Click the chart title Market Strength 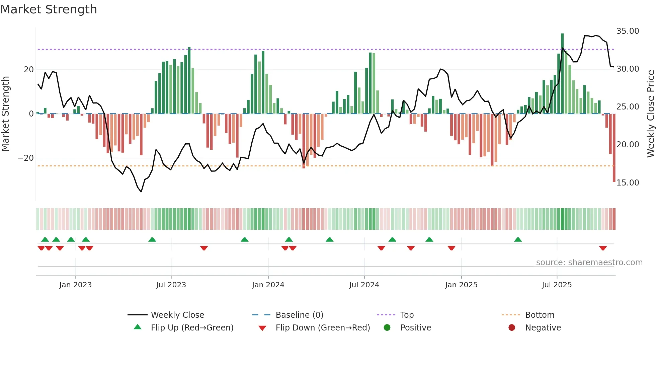[x=49, y=9]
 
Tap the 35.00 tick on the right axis [x=628, y=31]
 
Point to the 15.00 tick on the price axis [x=628, y=183]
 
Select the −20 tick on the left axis [x=26, y=158]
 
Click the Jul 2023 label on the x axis [x=171, y=285]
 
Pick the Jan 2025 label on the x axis [x=461, y=285]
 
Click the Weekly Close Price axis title [x=650, y=114]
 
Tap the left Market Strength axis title [x=5, y=114]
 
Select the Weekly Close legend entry [x=177, y=315]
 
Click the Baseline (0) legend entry [x=299, y=315]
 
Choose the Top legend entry [x=407, y=315]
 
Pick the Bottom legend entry [x=540, y=315]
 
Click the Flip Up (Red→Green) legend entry [x=192, y=328]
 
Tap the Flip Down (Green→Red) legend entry [x=323, y=328]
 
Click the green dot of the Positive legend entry [x=387, y=328]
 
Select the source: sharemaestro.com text [x=589, y=263]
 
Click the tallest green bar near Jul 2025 [x=562, y=74]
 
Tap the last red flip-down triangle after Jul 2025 [x=603, y=248]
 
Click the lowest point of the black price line [x=141, y=192]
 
